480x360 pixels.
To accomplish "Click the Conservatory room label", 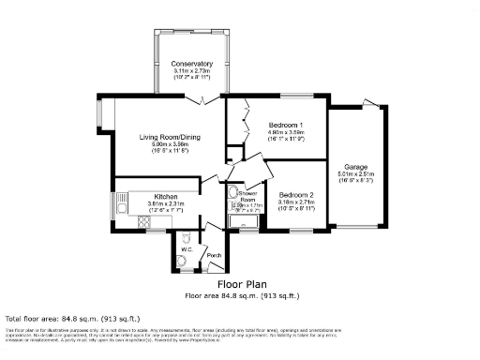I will [x=191, y=64].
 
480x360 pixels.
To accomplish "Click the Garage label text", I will [x=355, y=166].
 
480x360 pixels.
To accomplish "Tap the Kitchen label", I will [x=154, y=196].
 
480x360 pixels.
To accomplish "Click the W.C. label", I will [x=186, y=249].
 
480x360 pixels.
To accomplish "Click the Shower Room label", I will [x=247, y=196].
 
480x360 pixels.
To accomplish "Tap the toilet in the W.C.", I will [x=182, y=262].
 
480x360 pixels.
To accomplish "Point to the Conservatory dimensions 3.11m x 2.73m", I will [x=191, y=71].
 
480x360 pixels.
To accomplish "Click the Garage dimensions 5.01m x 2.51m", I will [x=355, y=173].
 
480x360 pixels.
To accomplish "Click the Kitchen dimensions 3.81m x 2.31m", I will [x=154, y=203].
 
